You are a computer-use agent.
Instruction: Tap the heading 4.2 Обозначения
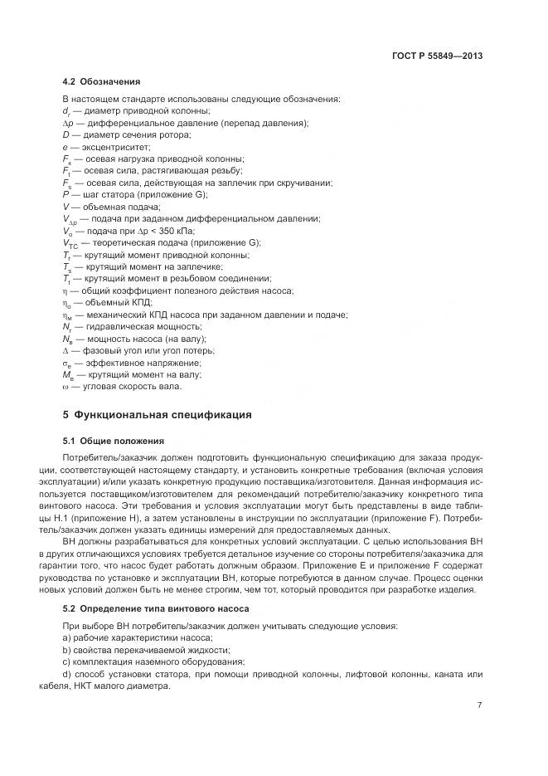101,82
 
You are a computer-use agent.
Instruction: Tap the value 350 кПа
178,231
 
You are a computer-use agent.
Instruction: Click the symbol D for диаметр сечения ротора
65,134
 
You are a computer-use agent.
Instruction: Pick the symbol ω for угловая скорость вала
65,387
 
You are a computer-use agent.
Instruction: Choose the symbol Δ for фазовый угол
65,351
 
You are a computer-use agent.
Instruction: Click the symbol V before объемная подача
65,206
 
